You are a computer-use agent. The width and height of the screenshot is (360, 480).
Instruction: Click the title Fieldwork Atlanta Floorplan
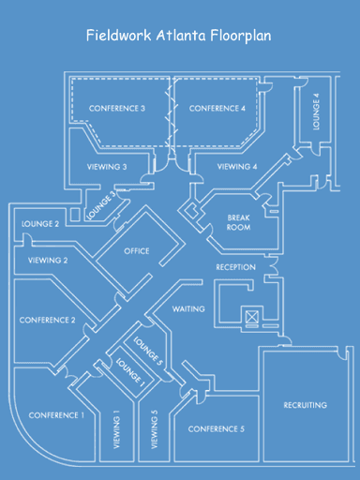pos(179,37)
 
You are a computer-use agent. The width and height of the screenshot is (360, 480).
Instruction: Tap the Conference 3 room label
pos(117,109)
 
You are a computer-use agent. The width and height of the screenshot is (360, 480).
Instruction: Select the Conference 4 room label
pos(217,109)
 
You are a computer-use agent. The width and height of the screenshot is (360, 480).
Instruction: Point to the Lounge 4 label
pos(317,112)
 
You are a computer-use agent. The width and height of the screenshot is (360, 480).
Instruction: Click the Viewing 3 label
pos(106,167)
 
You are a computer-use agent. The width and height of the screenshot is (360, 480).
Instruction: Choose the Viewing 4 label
pos(237,167)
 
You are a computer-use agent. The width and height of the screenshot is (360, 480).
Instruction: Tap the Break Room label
pos(239,222)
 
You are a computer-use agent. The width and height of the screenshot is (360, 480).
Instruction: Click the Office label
pos(137,251)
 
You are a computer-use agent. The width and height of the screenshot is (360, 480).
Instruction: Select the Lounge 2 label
pos(40,224)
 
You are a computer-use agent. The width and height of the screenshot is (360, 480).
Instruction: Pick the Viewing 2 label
pos(48,260)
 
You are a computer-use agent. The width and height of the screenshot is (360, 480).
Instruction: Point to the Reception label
pos(235,267)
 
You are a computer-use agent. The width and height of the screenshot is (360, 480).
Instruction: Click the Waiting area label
pos(188,308)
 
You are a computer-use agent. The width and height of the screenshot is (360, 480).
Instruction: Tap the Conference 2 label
pos(47,320)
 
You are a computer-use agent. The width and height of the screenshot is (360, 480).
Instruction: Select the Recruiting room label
pos(305,405)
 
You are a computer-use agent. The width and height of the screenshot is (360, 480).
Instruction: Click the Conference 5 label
pos(217,429)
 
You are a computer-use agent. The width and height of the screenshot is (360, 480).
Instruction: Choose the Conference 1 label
pos(56,414)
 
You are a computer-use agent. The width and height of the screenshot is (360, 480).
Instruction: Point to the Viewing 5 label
pos(155,430)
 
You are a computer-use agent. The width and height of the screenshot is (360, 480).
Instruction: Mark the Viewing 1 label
pos(117,430)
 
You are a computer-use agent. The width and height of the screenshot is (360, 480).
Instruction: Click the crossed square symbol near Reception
pos(251,315)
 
